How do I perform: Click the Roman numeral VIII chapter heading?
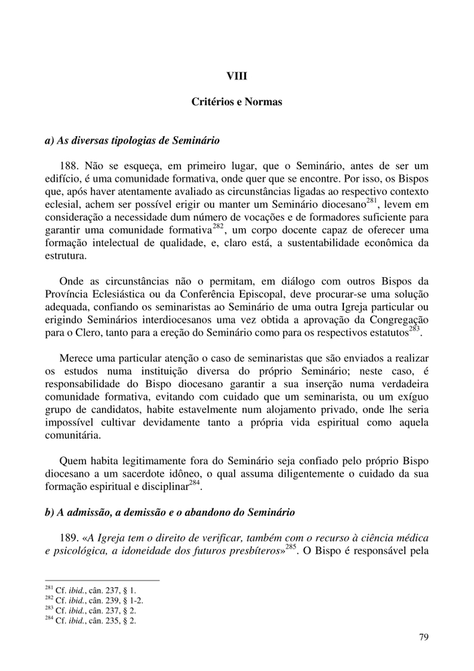coord(237,76)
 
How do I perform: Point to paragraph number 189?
coord(70,538)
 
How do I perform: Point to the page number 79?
coord(423,637)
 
